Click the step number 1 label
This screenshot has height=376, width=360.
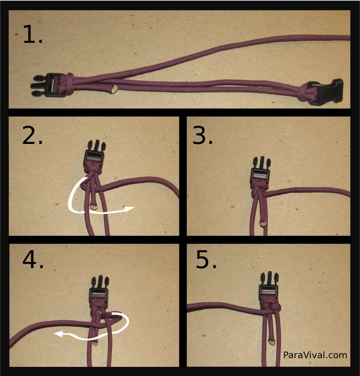tap(33, 35)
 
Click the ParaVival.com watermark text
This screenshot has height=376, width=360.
tap(315, 355)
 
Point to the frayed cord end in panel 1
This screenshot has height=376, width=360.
tap(114, 89)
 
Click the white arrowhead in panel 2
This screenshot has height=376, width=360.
tap(130, 209)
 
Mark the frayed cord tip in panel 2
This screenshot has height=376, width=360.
tap(93, 206)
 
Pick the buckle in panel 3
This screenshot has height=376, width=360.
tap(261, 170)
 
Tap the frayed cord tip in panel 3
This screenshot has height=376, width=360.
tap(263, 223)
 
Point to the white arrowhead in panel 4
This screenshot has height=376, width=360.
tap(59, 334)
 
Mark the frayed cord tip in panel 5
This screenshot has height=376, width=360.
tap(272, 341)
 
